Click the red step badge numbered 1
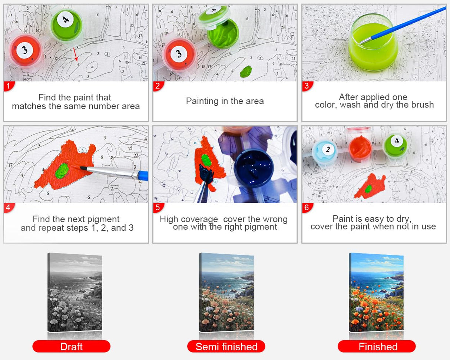point(8,86)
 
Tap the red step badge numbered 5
point(158,208)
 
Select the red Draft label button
point(71,347)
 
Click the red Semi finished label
point(226,347)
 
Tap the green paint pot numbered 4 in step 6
point(396,145)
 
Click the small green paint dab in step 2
point(246,71)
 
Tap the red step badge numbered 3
point(307,86)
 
